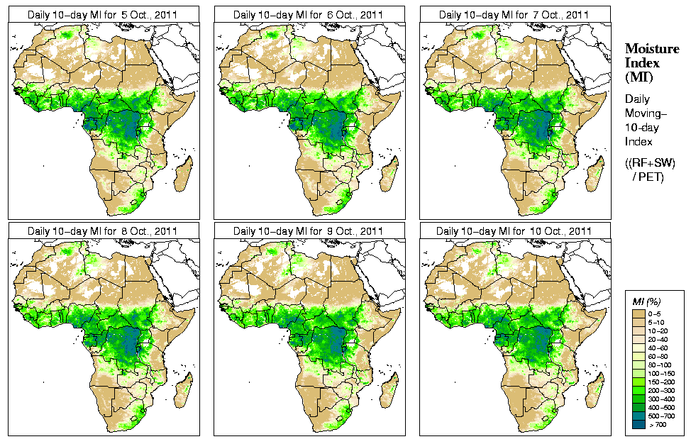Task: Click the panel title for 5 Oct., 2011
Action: pyautogui.click(x=104, y=14)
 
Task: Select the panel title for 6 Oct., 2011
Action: pyautogui.click(x=309, y=14)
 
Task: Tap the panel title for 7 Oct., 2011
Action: pyautogui.click(x=514, y=14)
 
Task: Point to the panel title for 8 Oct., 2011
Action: pyautogui.click(x=104, y=231)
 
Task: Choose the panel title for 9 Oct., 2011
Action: pyautogui.click(x=309, y=231)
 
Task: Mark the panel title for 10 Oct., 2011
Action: pyautogui.click(x=514, y=231)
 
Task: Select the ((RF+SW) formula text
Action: pyautogui.click(x=651, y=164)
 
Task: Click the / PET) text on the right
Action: pyautogui.click(x=648, y=177)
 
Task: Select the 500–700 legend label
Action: pyautogui.click(x=663, y=415)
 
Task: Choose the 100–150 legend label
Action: pyautogui.click(x=663, y=372)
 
